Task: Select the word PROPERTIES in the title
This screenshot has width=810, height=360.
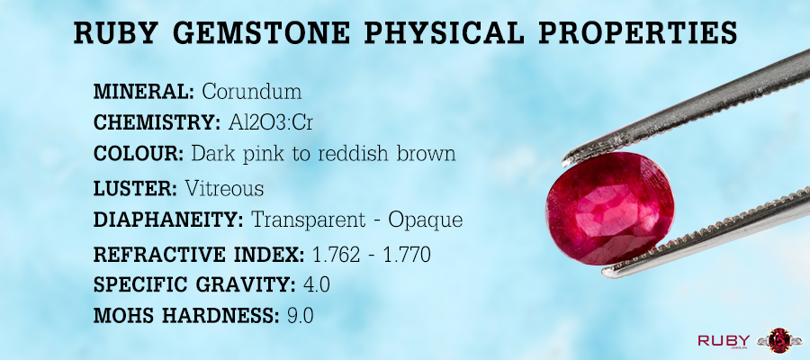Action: click(638, 32)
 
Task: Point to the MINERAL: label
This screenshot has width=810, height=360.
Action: click(144, 92)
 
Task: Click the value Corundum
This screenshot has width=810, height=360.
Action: click(252, 92)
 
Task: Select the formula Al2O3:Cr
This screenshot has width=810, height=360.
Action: click(271, 123)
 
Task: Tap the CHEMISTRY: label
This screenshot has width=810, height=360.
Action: click(157, 123)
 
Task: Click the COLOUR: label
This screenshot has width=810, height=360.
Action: click(139, 154)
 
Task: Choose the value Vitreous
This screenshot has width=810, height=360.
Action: click(224, 189)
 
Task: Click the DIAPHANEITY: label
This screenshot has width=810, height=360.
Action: click(168, 220)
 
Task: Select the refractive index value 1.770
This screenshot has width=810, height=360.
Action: click(407, 255)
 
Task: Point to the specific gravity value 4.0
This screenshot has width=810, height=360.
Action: click(316, 285)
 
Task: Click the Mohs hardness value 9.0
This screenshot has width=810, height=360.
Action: click(300, 316)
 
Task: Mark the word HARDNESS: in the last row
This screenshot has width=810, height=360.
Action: click(229, 316)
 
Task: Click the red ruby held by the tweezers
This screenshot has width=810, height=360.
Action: click(609, 208)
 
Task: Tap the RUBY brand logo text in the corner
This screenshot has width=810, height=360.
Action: click(724, 340)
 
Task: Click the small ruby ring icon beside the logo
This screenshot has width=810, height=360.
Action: click(779, 341)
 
